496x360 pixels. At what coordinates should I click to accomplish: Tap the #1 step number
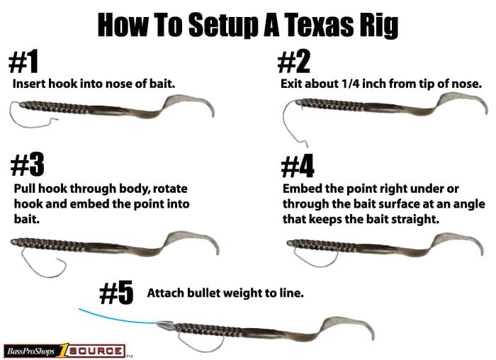(x=23, y=62)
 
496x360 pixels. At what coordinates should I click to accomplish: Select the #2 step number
(x=294, y=62)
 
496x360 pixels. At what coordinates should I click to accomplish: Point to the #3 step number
(x=27, y=165)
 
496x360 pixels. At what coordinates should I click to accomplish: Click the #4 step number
(x=298, y=166)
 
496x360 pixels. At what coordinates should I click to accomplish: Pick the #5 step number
(x=116, y=293)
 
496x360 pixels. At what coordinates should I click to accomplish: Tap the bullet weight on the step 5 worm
(x=165, y=325)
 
